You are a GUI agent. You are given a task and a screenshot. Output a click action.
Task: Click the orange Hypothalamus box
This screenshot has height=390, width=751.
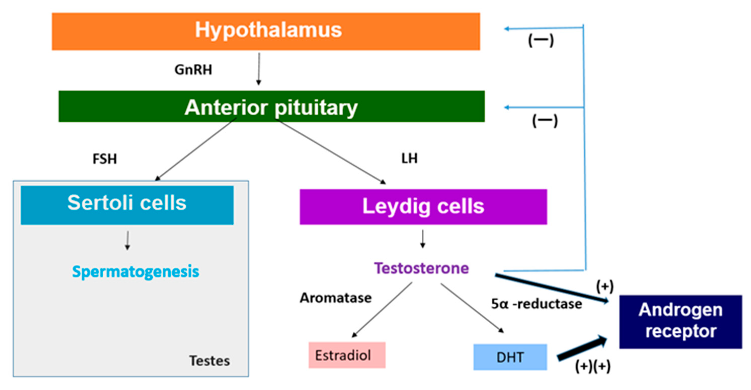(x=266, y=31)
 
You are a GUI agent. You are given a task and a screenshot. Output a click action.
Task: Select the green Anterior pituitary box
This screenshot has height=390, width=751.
(x=271, y=106)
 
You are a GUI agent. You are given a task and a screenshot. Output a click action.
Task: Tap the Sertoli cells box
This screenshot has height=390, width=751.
(x=127, y=205)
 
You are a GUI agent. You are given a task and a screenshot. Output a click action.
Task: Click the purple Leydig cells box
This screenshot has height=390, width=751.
(x=423, y=207)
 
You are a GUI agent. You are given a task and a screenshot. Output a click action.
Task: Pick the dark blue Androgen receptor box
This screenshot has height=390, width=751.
(x=680, y=322)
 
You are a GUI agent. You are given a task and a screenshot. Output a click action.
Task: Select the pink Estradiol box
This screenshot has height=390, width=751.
(x=347, y=355)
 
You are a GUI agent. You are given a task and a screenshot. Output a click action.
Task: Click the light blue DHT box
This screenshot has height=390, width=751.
(x=510, y=357)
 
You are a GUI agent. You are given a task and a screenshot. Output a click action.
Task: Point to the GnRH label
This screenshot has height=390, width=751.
(x=193, y=70)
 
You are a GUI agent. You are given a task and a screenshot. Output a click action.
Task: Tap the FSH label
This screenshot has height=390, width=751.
(x=105, y=159)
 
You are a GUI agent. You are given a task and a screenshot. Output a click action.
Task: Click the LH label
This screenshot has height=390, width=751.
(x=409, y=159)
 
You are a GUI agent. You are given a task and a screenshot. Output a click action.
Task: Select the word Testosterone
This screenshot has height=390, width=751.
(x=421, y=268)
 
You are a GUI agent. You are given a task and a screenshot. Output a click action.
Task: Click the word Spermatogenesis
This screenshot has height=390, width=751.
(x=136, y=271)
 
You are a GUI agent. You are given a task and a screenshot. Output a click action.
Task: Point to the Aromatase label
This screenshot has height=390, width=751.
(x=336, y=298)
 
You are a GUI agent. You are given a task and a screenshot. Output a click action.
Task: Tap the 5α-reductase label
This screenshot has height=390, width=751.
(x=536, y=304)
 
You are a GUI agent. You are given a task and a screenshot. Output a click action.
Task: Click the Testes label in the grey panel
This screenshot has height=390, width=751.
(x=209, y=361)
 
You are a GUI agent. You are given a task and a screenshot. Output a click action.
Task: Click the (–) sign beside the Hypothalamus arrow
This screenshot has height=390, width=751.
(x=541, y=40)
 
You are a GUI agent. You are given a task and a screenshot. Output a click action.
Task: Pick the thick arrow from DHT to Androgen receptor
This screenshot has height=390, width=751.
(x=582, y=348)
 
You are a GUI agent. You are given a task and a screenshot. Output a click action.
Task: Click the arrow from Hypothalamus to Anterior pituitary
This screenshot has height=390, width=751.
(x=259, y=68)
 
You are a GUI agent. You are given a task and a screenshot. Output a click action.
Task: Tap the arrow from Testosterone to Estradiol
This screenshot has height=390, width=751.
(x=383, y=309)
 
